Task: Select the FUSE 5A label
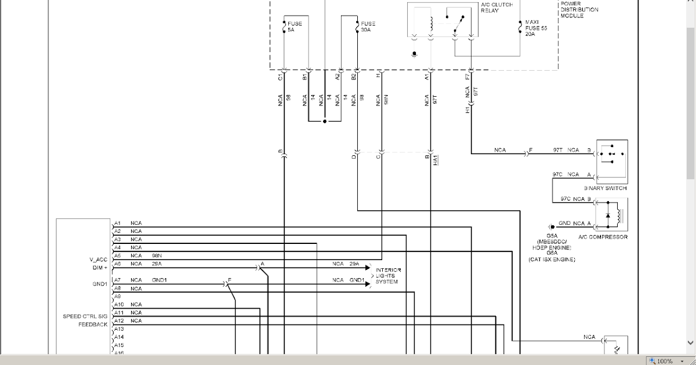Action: click(x=295, y=26)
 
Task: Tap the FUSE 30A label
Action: click(x=367, y=26)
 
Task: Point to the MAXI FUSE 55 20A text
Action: click(x=536, y=28)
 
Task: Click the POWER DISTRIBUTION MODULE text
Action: click(x=579, y=9)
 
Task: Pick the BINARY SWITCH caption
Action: click(x=605, y=188)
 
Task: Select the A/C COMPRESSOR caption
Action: click(x=603, y=237)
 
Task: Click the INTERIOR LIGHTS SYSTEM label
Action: click(x=388, y=276)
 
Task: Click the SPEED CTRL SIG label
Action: click(x=85, y=316)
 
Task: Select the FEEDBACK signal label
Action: click(x=93, y=324)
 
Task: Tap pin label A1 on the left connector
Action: click(x=117, y=223)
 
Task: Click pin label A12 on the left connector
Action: click(x=118, y=320)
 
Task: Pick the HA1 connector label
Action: click(x=435, y=160)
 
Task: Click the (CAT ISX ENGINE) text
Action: click(x=552, y=260)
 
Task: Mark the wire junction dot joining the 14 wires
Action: click(x=325, y=122)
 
